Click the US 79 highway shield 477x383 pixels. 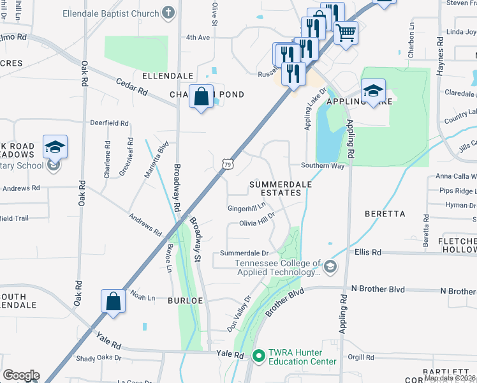228,165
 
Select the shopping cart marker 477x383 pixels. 346,32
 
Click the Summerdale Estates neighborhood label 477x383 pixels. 281,188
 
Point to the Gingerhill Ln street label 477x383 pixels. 246,208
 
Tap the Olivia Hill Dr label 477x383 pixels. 256,223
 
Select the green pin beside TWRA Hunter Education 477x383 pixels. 258,356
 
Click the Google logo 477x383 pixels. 21,375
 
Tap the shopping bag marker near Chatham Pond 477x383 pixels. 201,97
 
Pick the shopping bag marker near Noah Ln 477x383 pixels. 113,301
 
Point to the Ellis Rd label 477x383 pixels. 368,252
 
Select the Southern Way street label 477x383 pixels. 323,166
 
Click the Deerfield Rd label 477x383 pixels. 109,123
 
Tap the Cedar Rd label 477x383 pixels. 131,87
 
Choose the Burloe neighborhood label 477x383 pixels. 185,299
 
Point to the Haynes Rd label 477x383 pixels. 440,57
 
